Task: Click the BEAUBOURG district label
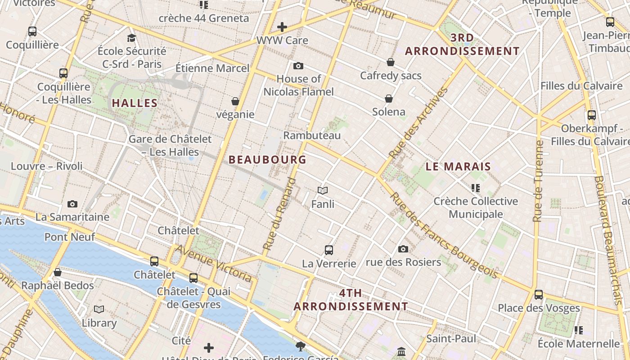[x=267, y=160]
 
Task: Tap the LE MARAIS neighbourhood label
[x=458, y=166]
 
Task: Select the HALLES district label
[x=135, y=103]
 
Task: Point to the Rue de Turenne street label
[x=538, y=181]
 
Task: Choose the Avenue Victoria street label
[x=213, y=263]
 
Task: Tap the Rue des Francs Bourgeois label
[x=444, y=235]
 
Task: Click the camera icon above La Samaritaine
[x=72, y=204]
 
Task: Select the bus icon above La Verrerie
[x=329, y=250]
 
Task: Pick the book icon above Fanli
[x=323, y=190]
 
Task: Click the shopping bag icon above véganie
[x=235, y=101]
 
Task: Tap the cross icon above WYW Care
[x=282, y=27]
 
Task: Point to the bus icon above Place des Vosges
[x=539, y=295]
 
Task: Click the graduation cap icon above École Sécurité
[x=131, y=38]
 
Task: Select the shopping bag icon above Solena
[x=389, y=99]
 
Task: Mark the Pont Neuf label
[x=70, y=237]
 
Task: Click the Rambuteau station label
[x=312, y=135]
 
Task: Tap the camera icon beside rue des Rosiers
[x=403, y=249]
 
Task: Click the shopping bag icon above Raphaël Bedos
[x=58, y=272]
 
